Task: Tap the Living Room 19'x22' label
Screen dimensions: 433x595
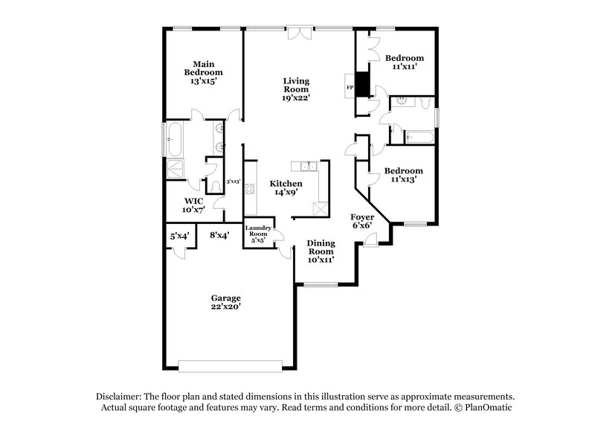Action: pyautogui.click(x=296, y=89)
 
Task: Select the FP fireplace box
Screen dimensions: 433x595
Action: pyautogui.click(x=350, y=89)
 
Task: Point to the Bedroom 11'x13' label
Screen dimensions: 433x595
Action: pyautogui.click(x=404, y=174)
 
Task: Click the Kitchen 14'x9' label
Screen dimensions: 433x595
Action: pyautogui.click(x=286, y=187)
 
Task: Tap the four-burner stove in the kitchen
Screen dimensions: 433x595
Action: pyautogui.click(x=251, y=188)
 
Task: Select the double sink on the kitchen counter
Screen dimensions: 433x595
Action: pyautogui.click(x=305, y=166)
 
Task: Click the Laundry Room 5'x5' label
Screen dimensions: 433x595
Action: pyautogui.click(x=259, y=234)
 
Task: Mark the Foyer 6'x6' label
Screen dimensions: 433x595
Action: pyautogui.click(x=362, y=221)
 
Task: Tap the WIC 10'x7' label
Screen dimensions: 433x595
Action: pyautogui.click(x=194, y=205)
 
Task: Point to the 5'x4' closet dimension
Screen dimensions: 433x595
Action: pyautogui.click(x=179, y=235)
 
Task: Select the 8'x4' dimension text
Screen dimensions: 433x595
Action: pyautogui.click(x=219, y=235)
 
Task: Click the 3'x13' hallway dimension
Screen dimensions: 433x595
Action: pyautogui.click(x=233, y=181)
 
